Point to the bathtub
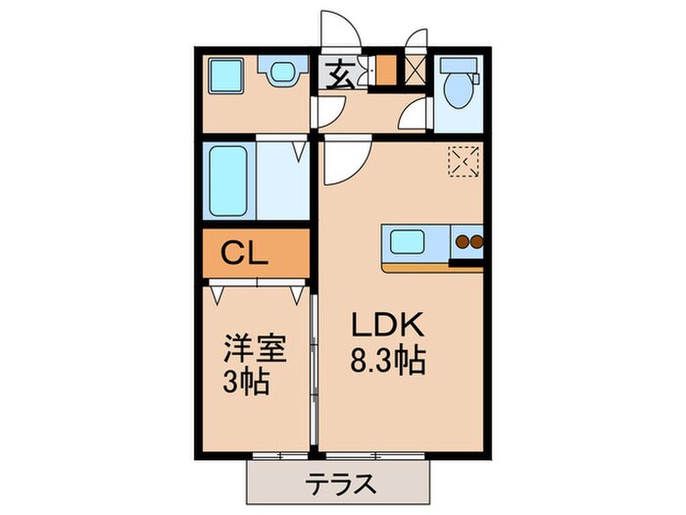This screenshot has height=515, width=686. (x=228, y=183)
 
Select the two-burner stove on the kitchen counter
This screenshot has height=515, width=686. (x=467, y=242)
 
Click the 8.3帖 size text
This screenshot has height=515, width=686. (x=386, y=361)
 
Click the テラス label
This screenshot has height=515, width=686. (x=339, y=483)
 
